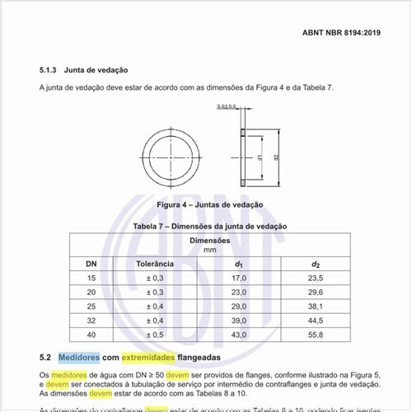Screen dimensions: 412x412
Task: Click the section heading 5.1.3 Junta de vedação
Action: tap(83, 71)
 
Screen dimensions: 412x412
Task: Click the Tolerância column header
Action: tap(154, 263)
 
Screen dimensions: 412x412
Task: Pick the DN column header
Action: tap(91, 263)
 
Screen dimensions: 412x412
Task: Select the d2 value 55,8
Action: tap(316, 335)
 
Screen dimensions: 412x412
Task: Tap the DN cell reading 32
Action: tap(91, 321)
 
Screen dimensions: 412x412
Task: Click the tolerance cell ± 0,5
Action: tap(154, 335)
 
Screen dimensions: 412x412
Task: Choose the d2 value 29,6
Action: tap(316, 293)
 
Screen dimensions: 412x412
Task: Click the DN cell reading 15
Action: tap(91, 279)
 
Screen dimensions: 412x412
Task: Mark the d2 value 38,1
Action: tap(316, 307)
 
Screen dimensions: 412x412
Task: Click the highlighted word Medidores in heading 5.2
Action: tap(78, 358)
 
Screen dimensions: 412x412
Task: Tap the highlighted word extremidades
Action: tap(148, 358)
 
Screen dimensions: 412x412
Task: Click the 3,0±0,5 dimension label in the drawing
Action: tap(227, 106)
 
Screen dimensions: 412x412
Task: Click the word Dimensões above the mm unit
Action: tap(209, 240)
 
